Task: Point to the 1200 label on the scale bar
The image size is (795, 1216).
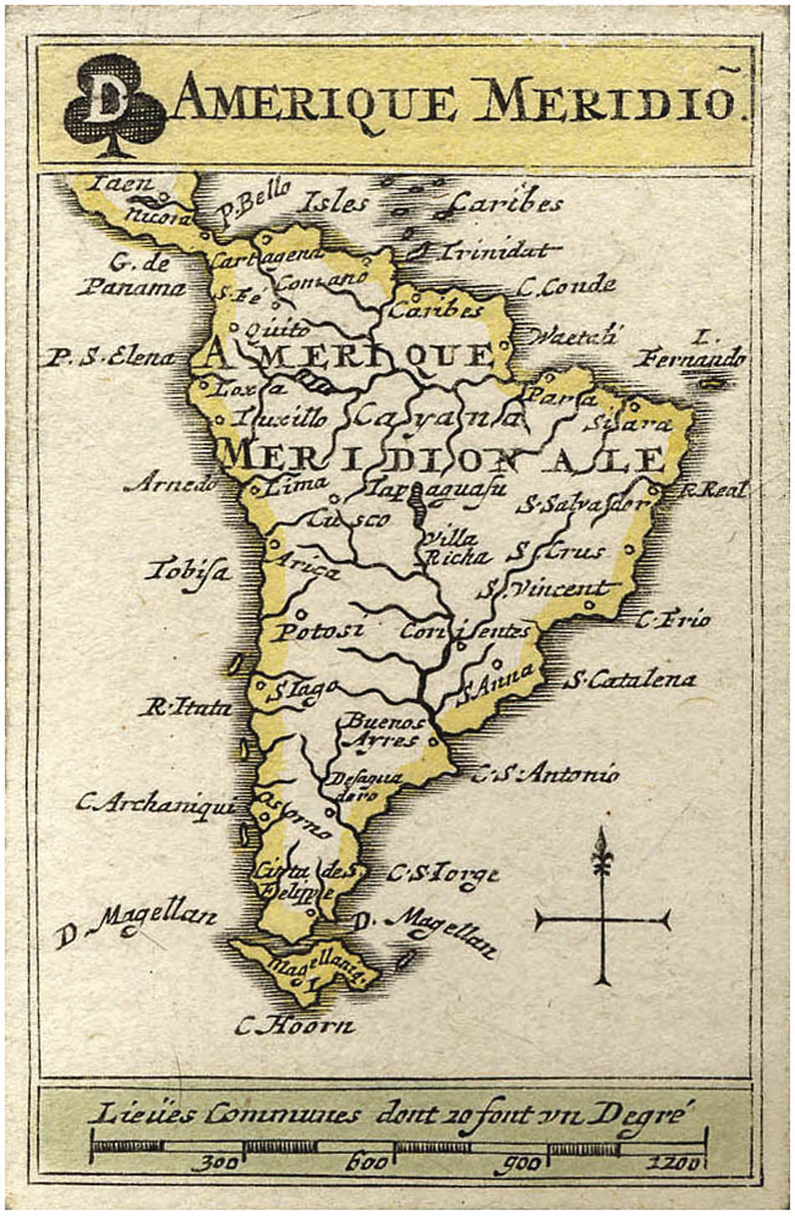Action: [x=674, y=1162]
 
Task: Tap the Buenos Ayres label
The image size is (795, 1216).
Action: [x=383, y=730]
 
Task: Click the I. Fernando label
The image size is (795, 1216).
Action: [x=691, y=350]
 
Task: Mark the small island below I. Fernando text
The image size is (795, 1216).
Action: [x=711, y=383]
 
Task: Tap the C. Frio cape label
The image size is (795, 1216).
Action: [x=673, y=620]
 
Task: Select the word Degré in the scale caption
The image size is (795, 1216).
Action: [x=644, y=1112]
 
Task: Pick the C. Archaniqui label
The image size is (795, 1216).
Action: [x=154, y=805]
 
